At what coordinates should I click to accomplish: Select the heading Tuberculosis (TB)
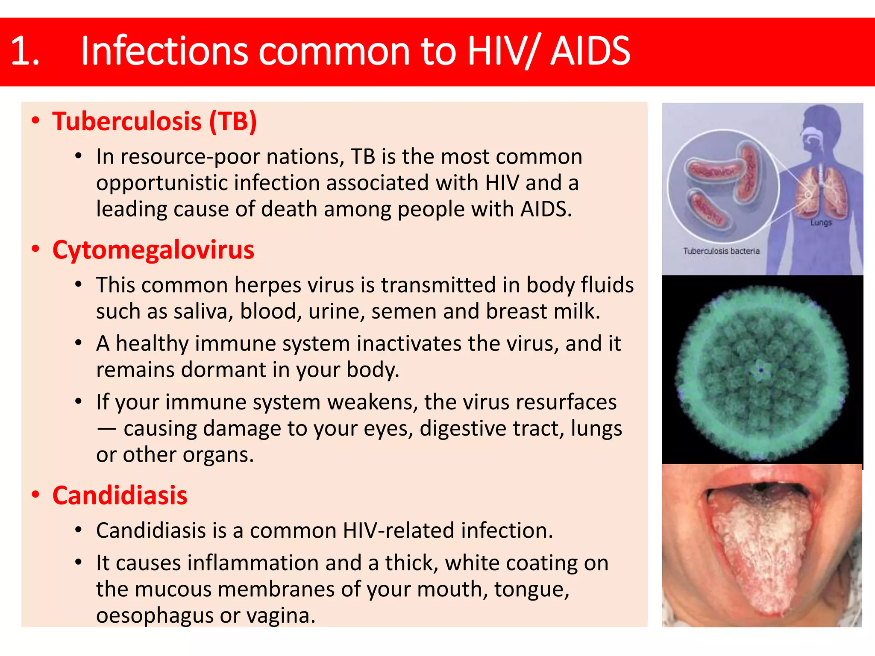click(154, 121)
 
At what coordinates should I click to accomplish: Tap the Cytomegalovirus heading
click(153, 250)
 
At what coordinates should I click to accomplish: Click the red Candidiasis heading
click(120, 495)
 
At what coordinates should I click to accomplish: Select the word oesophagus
click(154, 615)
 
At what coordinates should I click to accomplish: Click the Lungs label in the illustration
click(821, 223)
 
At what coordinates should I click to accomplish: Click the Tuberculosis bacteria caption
click(721, 251)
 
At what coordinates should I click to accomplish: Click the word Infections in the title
click(164, 52)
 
